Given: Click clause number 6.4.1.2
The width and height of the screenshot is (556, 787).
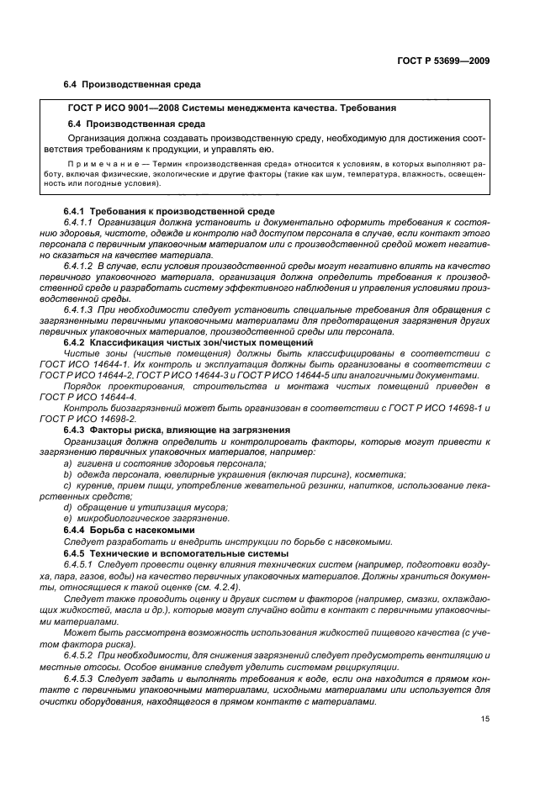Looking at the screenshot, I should [82, 266].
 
